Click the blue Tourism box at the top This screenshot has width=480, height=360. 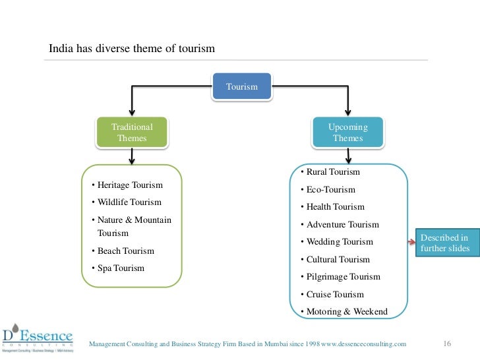click(241, 86)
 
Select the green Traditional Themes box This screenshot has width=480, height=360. click(132, 133)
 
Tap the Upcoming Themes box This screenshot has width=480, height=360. click(347, 133)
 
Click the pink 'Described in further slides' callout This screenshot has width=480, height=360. click(444, 243)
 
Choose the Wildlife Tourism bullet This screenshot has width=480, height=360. click(126, 202)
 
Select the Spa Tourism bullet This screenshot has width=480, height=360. click(118, 268)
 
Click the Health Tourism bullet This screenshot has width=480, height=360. click(332, 207)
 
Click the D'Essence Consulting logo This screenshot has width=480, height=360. click(37, 337)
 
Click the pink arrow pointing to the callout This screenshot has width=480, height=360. click(411, 243)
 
